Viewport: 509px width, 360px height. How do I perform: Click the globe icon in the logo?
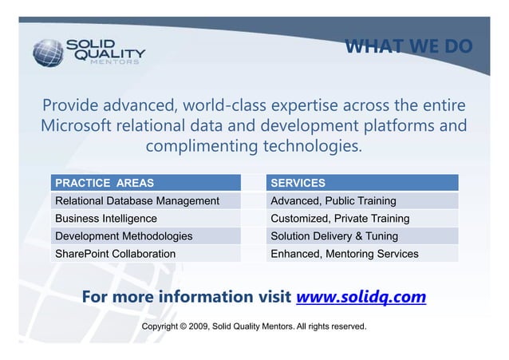[49, 51]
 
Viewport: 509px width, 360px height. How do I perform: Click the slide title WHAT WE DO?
[408, 46]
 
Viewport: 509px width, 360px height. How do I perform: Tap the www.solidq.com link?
[361, 298]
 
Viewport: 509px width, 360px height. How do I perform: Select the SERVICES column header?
[298, 183]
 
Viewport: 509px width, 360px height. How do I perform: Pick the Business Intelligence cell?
[106, 218]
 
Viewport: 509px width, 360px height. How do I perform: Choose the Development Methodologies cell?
[124, 235]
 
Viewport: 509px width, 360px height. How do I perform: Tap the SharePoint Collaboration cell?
[115, 253]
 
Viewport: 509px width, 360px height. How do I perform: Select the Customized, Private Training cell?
[340, 218]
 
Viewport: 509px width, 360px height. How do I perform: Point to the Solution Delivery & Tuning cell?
[334, 235]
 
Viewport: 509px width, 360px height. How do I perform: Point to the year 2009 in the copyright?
[195, 326]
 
